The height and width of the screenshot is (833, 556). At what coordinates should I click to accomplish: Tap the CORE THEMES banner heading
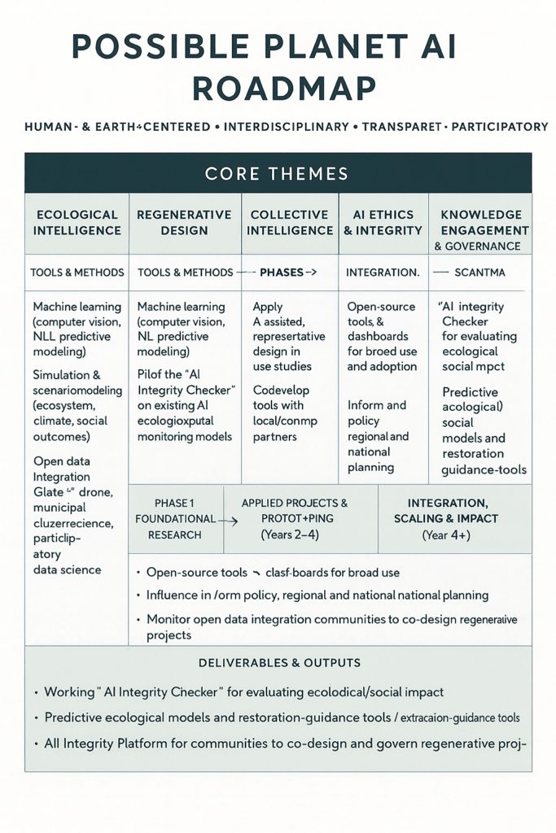point(277,173)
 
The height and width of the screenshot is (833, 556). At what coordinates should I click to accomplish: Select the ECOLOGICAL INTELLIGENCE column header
point(77,223)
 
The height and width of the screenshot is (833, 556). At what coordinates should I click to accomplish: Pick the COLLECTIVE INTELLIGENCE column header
point(291,223)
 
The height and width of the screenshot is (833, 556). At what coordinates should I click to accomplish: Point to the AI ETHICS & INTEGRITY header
point(382,223)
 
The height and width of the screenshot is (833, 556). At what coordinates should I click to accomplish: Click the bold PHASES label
point(282,273)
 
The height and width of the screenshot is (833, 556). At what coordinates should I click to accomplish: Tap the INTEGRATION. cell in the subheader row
point(383,273)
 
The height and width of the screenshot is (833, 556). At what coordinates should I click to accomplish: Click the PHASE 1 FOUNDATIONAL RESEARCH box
point(174,518)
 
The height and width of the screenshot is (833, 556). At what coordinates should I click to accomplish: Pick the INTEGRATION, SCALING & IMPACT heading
point(457,511)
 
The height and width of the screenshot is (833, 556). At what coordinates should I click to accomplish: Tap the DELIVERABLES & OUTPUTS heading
point(277,663)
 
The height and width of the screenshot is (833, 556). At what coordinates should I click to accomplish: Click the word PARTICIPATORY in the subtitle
point(497,127)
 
